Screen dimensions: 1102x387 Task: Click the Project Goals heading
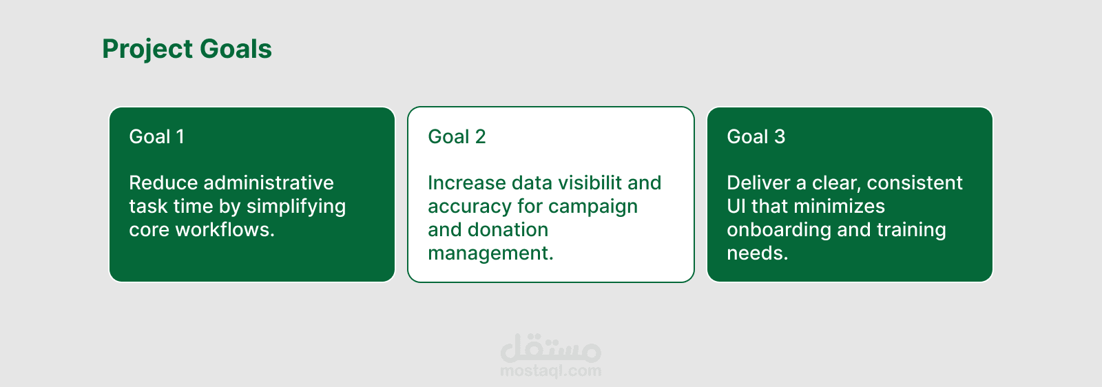pos(187,49)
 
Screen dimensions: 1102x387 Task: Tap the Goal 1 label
pos(156,137)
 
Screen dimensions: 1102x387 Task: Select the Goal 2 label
pos(457,137)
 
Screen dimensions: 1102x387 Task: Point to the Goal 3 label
pos(756,137)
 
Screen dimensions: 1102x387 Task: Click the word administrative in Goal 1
pos(269,183)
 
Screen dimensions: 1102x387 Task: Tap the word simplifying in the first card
pos(296,207)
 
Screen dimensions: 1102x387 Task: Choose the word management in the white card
pos(490,253)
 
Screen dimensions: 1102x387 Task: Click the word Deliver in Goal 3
pos(758,183)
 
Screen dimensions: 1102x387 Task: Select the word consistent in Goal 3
pos(915,183)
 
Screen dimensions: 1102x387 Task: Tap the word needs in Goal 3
pos(758,253)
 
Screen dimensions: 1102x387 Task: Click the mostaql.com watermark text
pos(550,371)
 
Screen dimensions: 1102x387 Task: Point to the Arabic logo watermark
pos(550,348)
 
